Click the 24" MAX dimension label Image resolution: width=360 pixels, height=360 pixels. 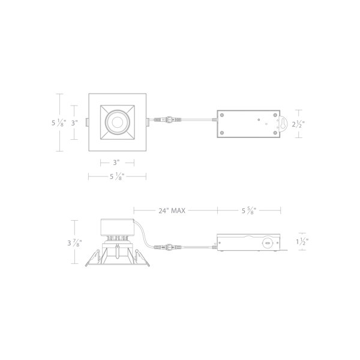172,211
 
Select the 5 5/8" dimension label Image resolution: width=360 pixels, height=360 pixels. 248,211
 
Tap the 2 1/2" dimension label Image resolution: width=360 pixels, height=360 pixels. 298,124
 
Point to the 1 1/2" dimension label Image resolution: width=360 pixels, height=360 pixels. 302,242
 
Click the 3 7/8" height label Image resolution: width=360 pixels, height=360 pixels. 74,242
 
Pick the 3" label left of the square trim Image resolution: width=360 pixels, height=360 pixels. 74,123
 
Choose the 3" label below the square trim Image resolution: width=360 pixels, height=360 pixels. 116,163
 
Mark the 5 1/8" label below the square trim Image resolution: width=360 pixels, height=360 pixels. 117,176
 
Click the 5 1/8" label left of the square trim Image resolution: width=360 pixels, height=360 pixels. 59,123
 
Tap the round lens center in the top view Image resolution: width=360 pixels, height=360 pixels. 118,122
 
